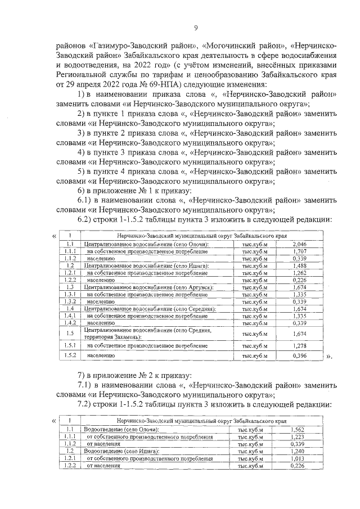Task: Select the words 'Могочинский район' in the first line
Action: click(235, 44)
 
